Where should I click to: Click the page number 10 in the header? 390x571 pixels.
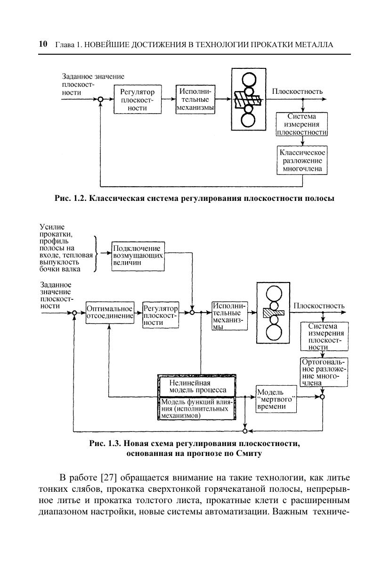[42, 44]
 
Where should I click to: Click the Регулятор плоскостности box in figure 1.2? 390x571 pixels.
[137, 99]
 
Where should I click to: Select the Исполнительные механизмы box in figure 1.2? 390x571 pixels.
[195, 99]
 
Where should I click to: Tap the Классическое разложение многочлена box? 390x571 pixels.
[302, 160]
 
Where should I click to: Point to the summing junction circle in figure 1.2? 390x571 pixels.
[100, 99]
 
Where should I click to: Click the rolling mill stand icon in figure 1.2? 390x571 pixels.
[249, 99]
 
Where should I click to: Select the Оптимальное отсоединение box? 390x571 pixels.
[110, 312]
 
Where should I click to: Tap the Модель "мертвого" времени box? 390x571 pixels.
[276, 399]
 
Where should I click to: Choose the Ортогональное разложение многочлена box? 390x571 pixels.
[324, 372]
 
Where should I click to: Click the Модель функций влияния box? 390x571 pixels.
[196, 409]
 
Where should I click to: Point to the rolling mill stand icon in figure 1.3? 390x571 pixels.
[273, 312]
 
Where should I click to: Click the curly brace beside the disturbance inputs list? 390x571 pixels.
[96, 254]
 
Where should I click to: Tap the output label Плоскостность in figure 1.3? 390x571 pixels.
[319, 306]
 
